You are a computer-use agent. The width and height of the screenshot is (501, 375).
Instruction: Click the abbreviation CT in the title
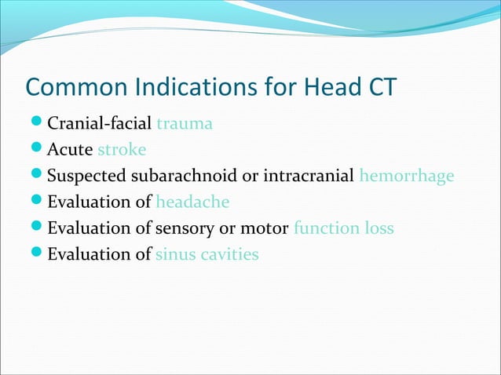coord(378,89)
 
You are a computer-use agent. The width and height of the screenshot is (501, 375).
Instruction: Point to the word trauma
coord(185,123)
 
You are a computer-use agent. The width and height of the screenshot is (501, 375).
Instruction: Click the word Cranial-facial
coord(101,123)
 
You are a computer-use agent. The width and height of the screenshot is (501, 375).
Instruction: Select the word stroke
coord(122,149)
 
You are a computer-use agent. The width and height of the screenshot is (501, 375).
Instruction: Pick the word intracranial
coord(307,176)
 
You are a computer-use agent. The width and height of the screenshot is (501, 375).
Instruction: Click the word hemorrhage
coord(406,176)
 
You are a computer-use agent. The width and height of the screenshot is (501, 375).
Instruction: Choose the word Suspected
coord(83,176)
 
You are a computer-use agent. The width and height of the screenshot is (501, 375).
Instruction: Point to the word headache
coord(192,202)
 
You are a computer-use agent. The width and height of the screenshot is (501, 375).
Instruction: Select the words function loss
coord(343,228)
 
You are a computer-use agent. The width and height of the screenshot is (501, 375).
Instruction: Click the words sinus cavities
coord(207,254)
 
